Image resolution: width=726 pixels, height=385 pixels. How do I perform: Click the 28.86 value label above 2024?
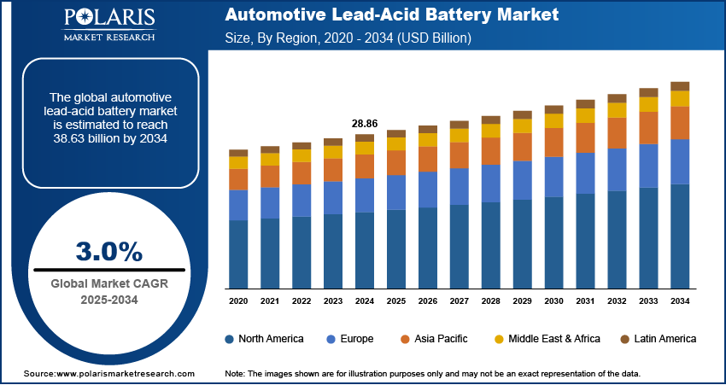(x=365, y=124)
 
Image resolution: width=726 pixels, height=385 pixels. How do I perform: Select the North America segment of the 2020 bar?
(x=238, y=254)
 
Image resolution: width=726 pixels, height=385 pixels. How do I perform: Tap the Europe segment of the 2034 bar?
(x=680, y=161)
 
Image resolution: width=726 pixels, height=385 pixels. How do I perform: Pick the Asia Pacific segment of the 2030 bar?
(x=553, y=142)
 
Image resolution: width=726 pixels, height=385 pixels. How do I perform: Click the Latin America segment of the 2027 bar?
(x=460, y=125)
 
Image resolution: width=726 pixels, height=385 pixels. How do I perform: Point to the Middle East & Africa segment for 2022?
(x=302, y=155)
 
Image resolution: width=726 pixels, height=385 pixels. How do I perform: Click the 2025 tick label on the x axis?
(x=396, y=301)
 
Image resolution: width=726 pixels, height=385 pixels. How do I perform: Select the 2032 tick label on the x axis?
(x=617, y=301)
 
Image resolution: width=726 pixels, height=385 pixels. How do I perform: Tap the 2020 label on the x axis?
(x=238, y=301)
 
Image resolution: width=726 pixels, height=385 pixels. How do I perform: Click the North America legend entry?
(x=264, y=339)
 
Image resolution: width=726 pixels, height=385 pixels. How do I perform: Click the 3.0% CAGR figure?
(x=109, y=250)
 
